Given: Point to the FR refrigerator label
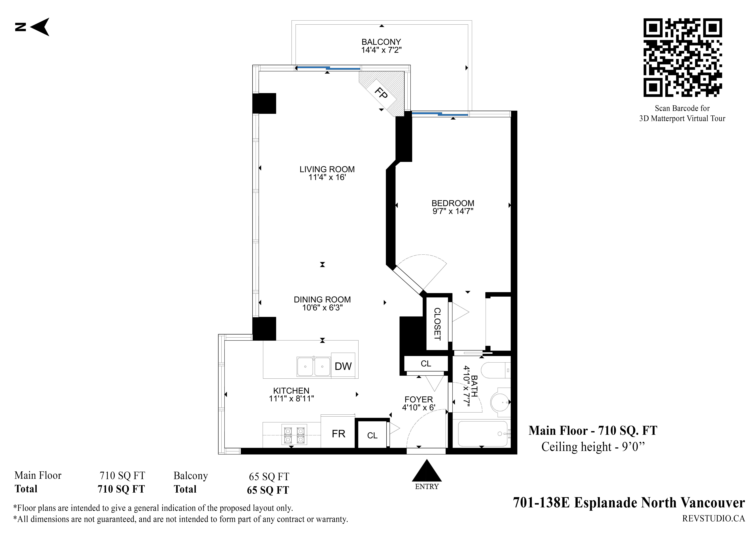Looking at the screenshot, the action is pyautogui.click(x=339, y=434).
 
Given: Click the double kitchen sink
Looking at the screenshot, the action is pyautogui.click(x=313, y=366).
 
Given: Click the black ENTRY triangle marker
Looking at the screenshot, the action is pyautogui.click(x=427, y=470).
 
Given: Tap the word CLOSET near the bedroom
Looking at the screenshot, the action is pyautogui.click(x=437, y=324).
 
